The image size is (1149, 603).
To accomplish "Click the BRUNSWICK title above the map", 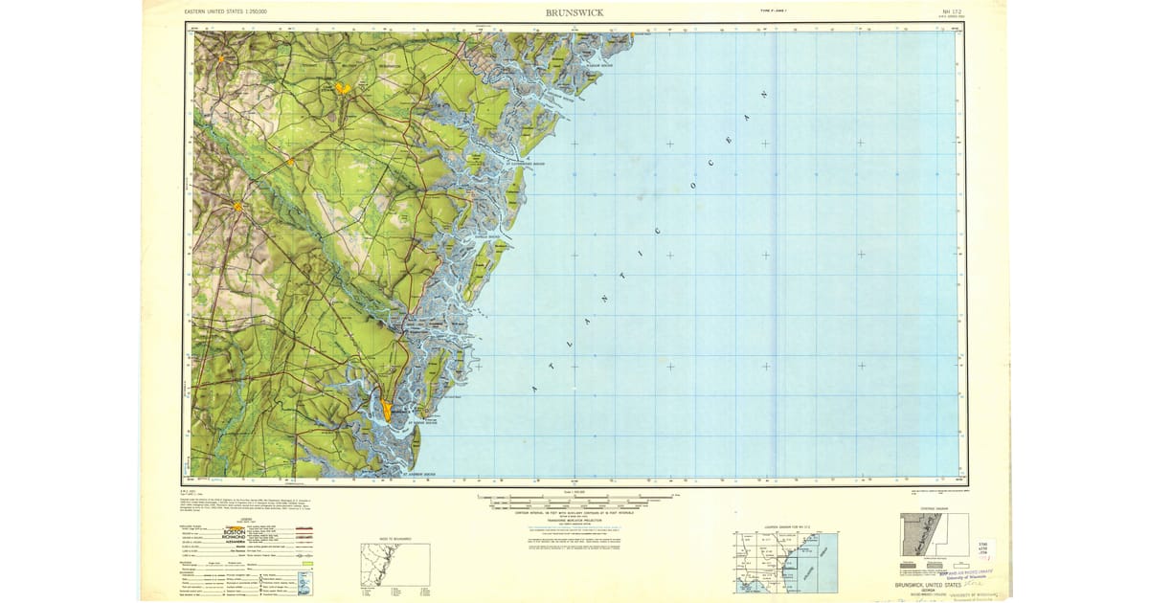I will pyautogui.click(x=574, y=12).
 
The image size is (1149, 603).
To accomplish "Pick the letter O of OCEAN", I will pyautogui.click(x=694, y=183).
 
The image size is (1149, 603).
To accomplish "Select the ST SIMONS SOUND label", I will pyautogui.click(x=422, y=422).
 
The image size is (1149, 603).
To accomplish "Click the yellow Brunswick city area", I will pyautogui.click(x=386, y=410).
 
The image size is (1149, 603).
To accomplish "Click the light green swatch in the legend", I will pyautogui.click(x=307, y=564).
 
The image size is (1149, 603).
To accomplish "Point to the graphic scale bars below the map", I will pyautogui.click(x=574, y=500).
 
